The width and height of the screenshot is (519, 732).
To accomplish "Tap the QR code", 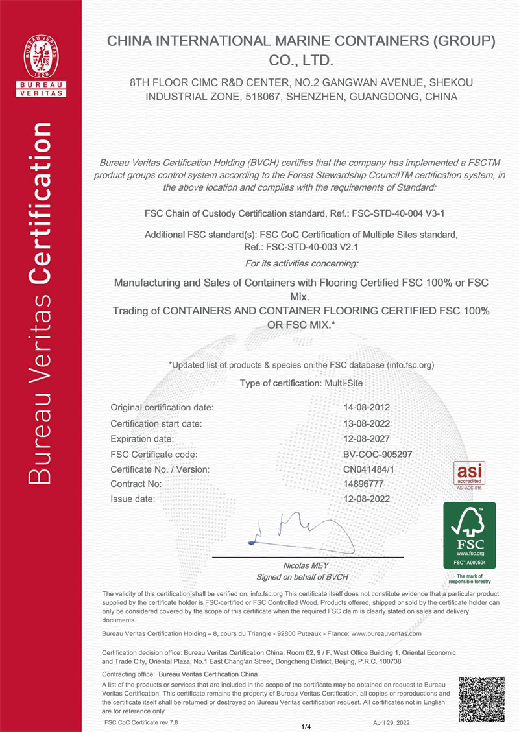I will [x=481, y=700].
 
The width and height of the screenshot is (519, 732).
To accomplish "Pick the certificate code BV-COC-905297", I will [x=377, y=454].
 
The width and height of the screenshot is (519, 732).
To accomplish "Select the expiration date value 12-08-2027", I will [x=366, y=438].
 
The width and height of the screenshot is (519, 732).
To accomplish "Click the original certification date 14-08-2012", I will [x=366, y=407].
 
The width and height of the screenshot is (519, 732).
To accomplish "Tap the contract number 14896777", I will [x=363, y=484].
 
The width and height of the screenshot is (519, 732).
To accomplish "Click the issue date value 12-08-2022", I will [x=366, y=499].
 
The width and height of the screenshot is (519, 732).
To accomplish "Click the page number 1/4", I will [x=307, y=726].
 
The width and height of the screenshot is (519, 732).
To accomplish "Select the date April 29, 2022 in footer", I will [x=391, y=721].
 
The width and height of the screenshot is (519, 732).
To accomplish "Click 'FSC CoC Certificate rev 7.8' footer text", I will [x=141, y=721].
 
